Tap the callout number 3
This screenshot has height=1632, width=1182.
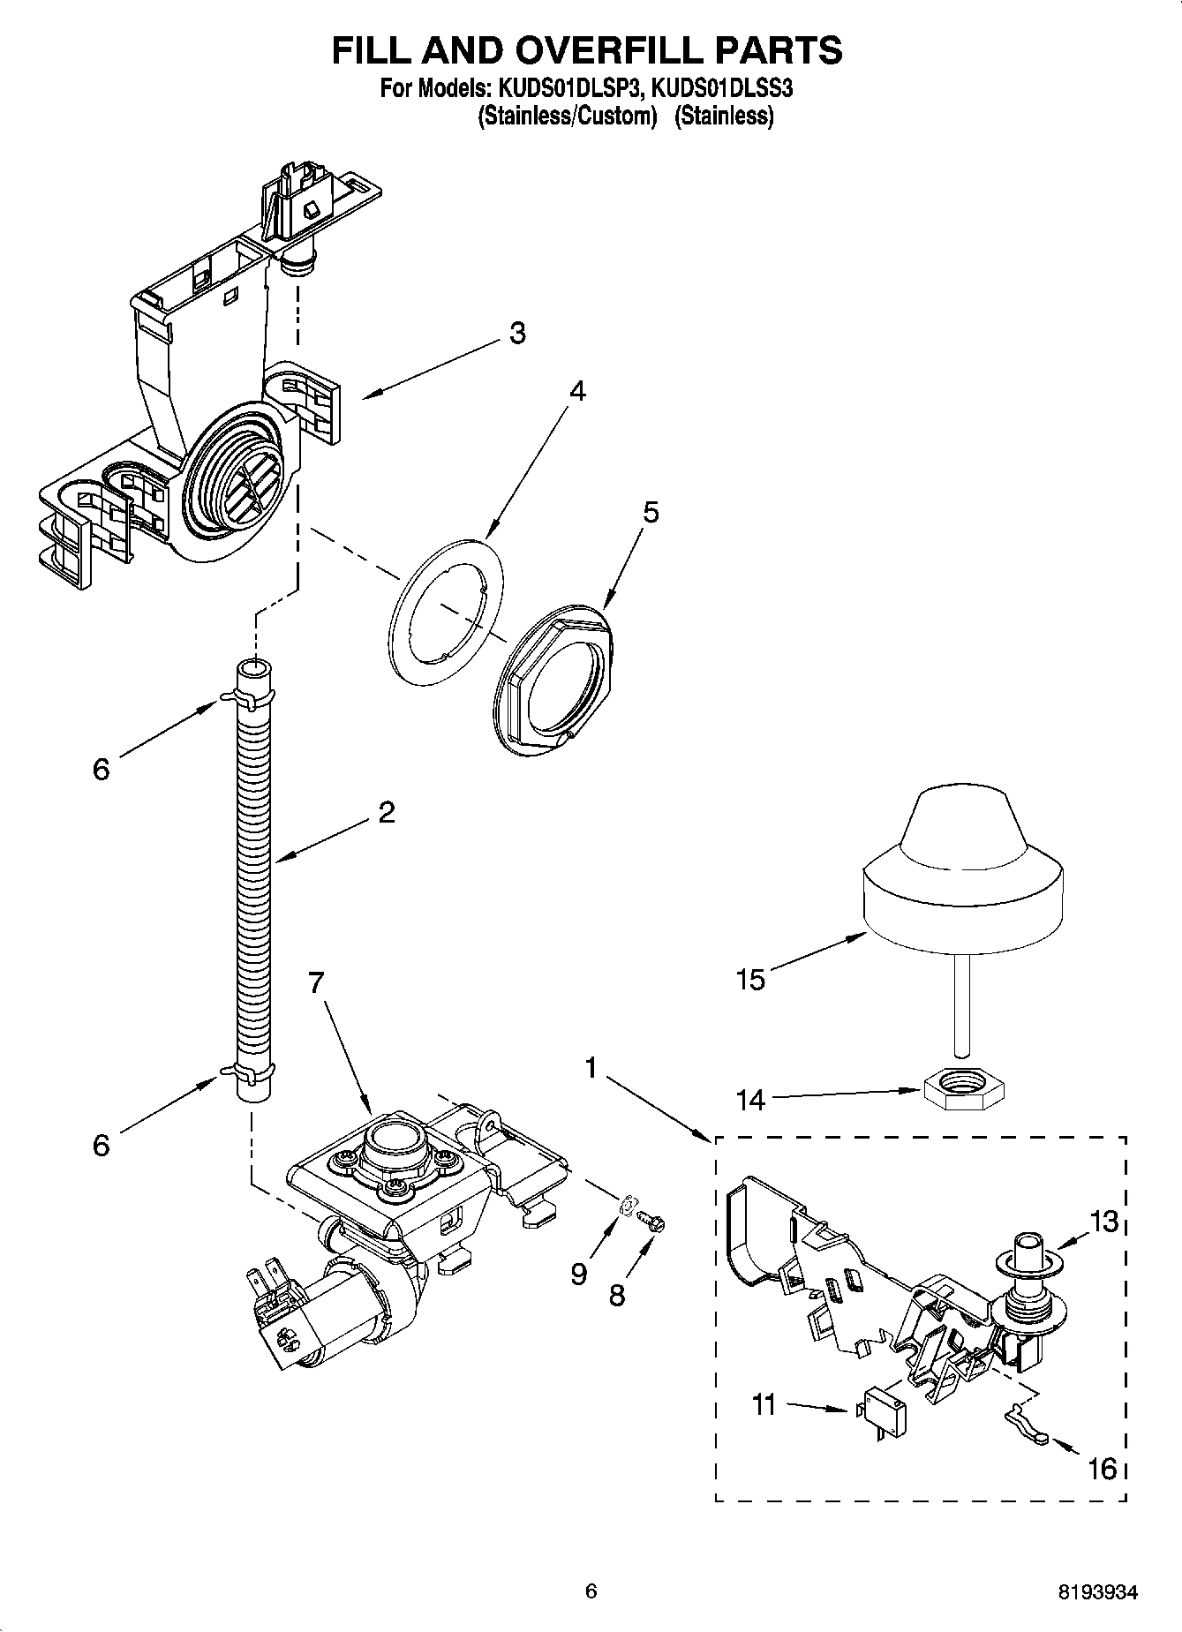point(517,333)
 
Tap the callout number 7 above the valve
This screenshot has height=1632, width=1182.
point(316,982)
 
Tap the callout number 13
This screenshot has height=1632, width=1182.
point(1103,1222)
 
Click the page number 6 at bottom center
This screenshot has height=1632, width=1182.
point(591,1591)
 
